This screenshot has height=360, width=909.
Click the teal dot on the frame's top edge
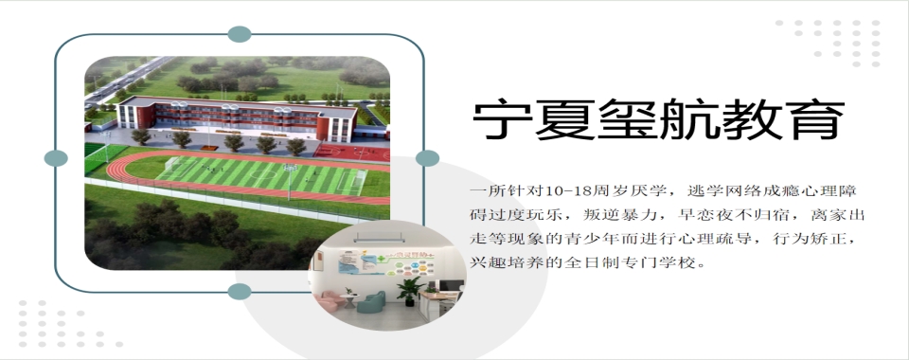(240, 34)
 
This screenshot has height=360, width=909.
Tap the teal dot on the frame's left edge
(57, 158)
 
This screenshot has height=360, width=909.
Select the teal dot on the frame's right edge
(428, 158)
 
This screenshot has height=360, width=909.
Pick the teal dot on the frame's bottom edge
(240, 291)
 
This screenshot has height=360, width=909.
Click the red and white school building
(237, 117)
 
